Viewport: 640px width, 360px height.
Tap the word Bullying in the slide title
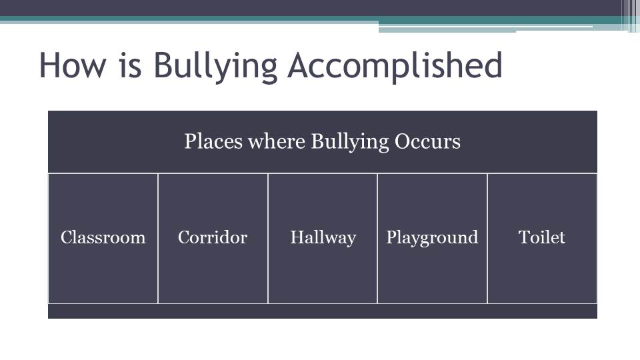tap(216, 67)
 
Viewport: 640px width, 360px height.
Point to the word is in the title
tap(131, 65)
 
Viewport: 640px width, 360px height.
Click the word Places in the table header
tap(213, 141)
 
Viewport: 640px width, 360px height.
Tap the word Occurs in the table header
tap(427, 141)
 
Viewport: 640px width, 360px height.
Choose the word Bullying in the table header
tap(350, 142)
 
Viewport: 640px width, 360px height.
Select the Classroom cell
tap(103, 239)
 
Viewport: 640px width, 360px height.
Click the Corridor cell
tap(213, 239)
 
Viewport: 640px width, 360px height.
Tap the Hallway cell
tap(323, 239)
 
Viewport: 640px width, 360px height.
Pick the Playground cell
tap(432, 239)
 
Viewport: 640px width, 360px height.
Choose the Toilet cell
tap(542, 239)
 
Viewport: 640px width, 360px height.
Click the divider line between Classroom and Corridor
tap(158, 239)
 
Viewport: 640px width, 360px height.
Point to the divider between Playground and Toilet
tap(487, 239)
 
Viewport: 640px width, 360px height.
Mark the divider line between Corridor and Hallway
tap(268, 239)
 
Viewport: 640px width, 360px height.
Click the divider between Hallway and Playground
tap(377, 239)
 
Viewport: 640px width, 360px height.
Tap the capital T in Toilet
tap(525, 237)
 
